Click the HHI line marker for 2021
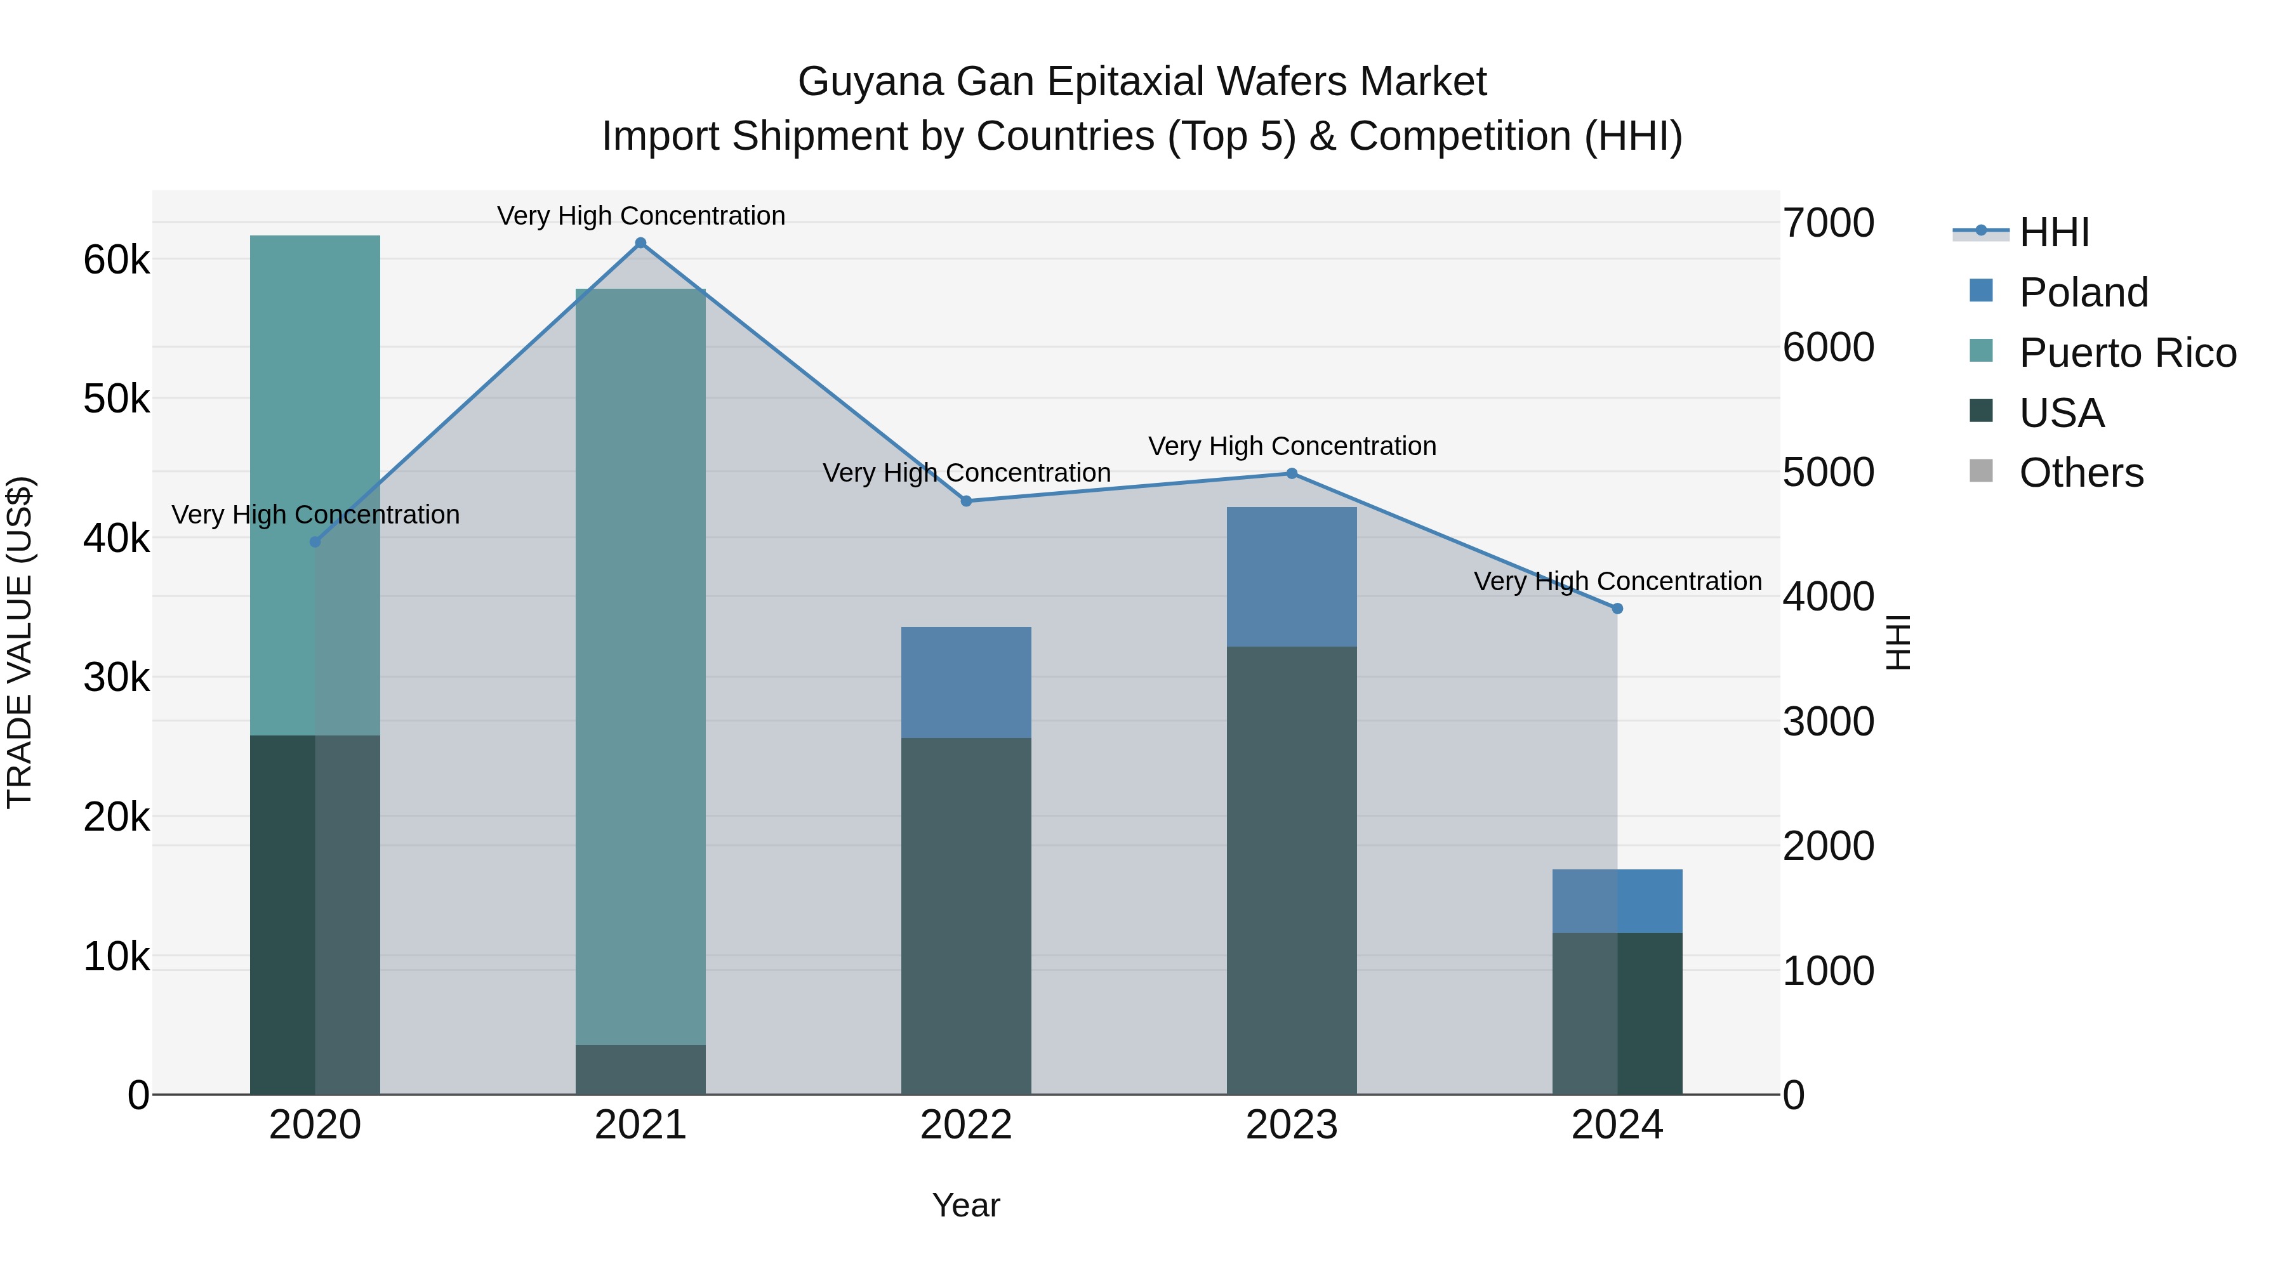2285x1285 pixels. click(640, 243)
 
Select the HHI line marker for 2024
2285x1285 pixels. click(1617, 609)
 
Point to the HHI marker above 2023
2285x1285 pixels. click(1292, 473)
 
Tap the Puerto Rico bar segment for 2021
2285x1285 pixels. click(640, 665)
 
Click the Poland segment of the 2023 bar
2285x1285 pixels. click(1292, 576)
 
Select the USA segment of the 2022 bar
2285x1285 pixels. click(966, 913)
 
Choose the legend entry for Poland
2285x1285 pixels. click(2082, 293)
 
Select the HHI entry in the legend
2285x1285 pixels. click(2053, 232)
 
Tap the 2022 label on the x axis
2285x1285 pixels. click(966, 1125)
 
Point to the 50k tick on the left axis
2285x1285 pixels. click(116, 399)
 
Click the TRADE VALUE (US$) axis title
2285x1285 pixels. click(20, 642)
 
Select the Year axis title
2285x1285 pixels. click(966, 1205)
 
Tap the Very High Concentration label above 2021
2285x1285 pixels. click(640, 216)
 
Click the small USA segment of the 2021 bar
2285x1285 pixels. click(640, 1069)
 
